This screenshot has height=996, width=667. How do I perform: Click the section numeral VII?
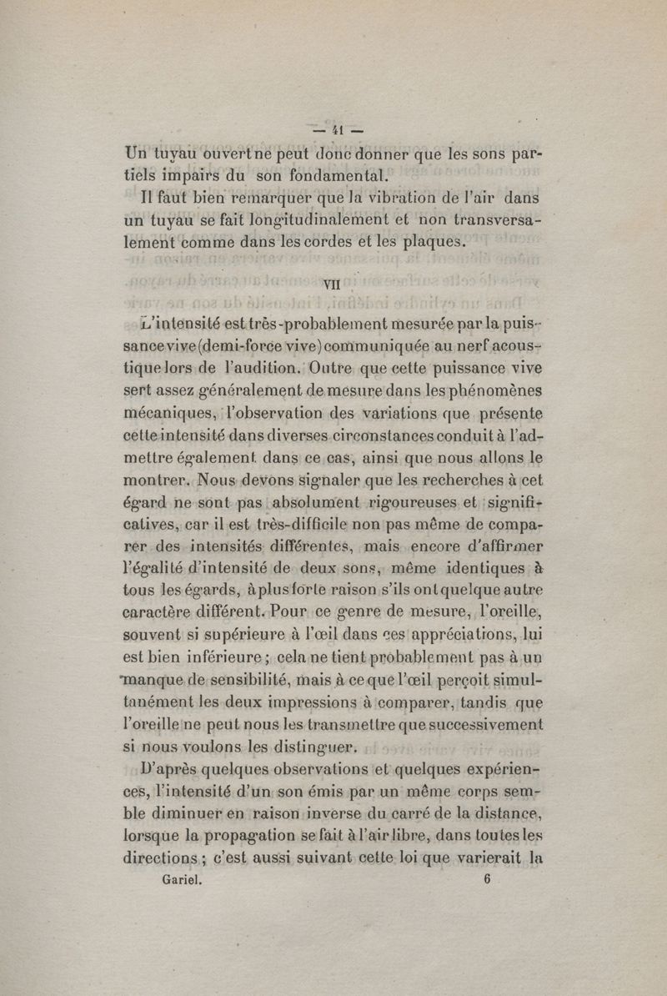[333, 284]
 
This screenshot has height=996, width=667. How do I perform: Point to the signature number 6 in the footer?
[486, 878]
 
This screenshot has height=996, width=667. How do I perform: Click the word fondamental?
[313, 176]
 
